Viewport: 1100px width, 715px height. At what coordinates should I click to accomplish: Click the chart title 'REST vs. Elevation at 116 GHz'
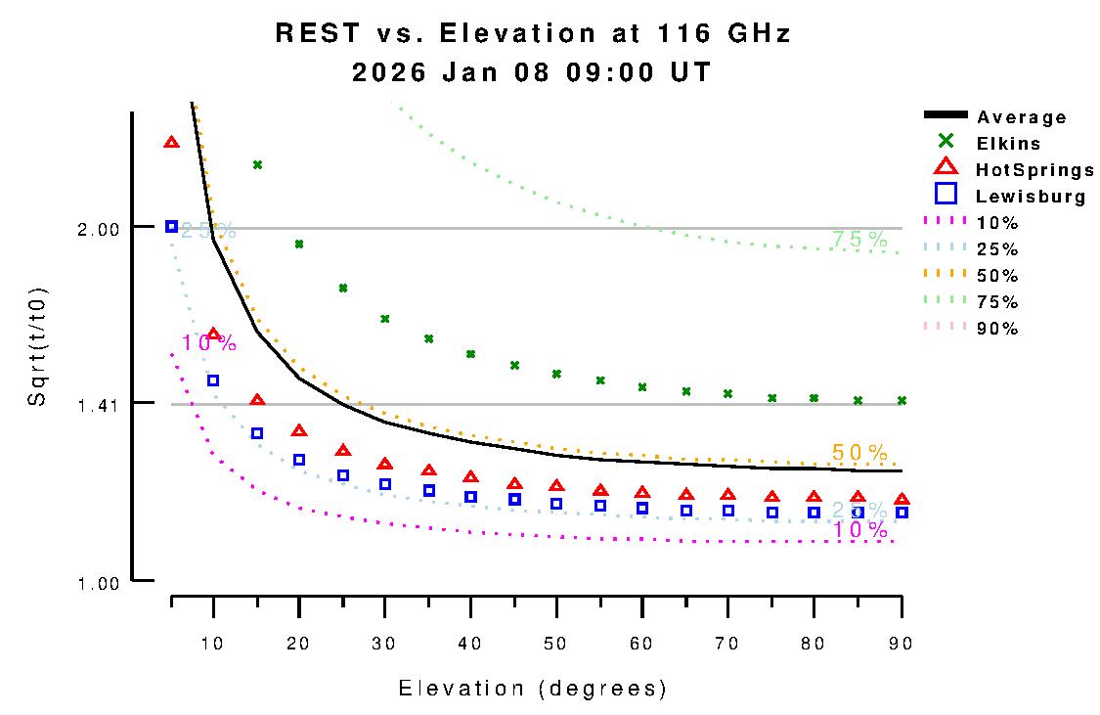(x=533, y=33)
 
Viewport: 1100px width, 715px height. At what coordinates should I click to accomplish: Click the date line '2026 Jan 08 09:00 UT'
(x=533, y=72)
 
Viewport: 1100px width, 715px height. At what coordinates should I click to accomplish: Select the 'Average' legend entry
(x=1021, y=117)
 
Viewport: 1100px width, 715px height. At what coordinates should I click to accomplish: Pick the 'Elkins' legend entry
(x=1008, y=144)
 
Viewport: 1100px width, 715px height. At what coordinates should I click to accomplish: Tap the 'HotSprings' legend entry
(x=1034, y=170)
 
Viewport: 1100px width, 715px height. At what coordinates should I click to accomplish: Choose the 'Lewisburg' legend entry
(x=1031, y=197)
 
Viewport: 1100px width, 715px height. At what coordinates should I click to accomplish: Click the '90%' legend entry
(x=997, y=329)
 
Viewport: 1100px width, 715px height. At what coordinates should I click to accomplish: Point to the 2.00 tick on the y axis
(x=99, y=228)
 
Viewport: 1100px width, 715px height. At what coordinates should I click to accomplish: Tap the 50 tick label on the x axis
(x=556, y=643)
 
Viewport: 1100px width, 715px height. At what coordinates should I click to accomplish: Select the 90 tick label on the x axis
(x=901, y=643)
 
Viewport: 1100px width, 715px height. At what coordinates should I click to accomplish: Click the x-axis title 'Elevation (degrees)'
(x=533, y=689)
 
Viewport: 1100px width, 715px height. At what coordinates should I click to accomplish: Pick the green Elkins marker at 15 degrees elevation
(x=257, y=164)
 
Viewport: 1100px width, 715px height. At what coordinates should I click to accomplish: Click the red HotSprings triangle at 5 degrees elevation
(x=172, y=142)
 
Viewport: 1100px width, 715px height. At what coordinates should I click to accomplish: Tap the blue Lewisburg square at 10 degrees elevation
(x=213, y=380)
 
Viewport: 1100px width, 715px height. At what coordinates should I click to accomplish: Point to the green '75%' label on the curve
(x=859, y=240)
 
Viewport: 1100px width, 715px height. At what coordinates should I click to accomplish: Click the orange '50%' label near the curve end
(x=859, y=453)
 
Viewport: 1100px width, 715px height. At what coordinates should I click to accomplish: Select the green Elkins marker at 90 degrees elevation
(x=902, y=400)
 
